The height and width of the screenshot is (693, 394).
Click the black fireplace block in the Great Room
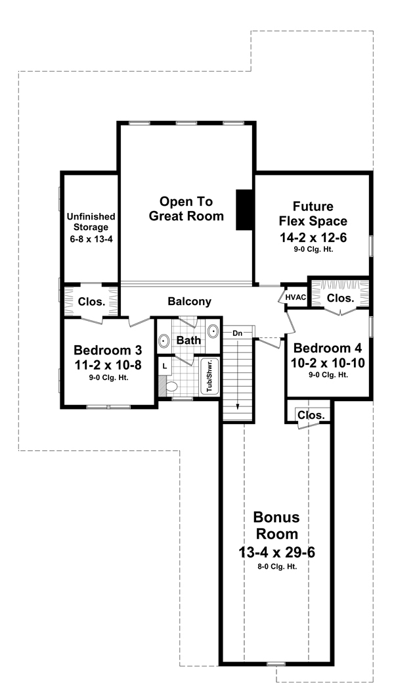click(x=244, y=210)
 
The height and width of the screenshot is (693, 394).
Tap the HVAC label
click(x=296, y=298)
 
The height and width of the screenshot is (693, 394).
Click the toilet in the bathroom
click(x=172, y=386)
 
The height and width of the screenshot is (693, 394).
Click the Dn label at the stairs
click(x=237, y=334)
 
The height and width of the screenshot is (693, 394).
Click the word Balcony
click(x=190, y=302)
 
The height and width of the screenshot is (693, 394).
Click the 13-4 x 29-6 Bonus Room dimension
click(x=276, y=552)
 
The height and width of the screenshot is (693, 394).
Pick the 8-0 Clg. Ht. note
click(x=276, y=566)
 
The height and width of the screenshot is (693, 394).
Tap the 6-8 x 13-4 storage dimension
click(x=90, y=239)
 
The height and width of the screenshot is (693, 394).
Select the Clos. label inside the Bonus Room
click(x=311, y=415)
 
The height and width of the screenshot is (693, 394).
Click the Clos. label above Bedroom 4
click(x=340, y=298)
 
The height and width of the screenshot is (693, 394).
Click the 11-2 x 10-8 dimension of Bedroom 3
click(x=108, y=364)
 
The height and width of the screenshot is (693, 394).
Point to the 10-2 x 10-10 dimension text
click(x=328, y=362)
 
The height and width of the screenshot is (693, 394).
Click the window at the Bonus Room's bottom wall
click(x=276, y=664)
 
